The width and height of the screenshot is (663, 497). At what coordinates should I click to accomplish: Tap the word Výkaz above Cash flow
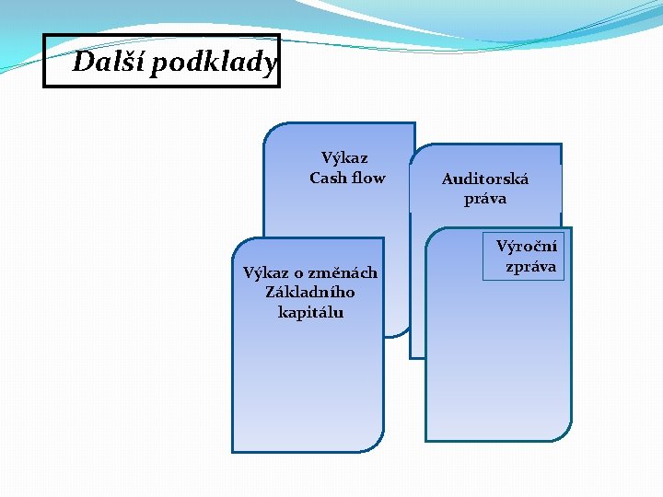[x=344, y=158]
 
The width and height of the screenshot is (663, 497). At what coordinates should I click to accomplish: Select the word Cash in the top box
[x=328, y=178]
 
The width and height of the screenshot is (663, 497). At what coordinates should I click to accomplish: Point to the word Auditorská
[x=485, y=179]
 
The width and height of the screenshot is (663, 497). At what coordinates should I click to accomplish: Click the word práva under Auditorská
[x=485, y=199]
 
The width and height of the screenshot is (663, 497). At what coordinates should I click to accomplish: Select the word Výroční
[x=527, y=247]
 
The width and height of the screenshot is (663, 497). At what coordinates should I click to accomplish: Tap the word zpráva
[x=530, y=266]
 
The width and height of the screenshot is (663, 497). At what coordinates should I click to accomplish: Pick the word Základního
[x=310, y=292]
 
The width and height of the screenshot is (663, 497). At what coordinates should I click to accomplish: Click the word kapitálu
[x=310, y=312]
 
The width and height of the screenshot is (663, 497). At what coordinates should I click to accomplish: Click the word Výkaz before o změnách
[x=265, y=272]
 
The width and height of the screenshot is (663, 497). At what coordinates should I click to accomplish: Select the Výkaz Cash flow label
[x=346, y=168]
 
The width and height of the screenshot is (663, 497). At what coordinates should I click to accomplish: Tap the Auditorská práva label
[x=485, y=189]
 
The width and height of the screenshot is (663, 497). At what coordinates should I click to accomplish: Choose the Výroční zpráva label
[x=528, y=256]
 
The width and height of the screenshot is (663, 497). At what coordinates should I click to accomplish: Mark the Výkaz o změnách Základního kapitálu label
[x=310, y=292]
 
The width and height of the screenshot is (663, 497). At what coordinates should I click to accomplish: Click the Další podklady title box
[x=161, y=61]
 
